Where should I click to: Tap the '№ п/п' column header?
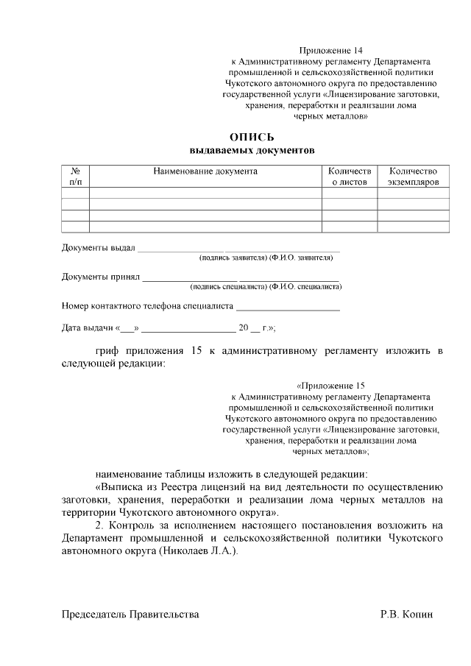pos(75,176)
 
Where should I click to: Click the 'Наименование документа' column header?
pos(205,171)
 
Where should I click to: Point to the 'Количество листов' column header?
pos(350,176)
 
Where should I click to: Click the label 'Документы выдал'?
pos(98,247)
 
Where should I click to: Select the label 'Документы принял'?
pos(100,277)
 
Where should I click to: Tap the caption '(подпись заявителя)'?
pos(233,258)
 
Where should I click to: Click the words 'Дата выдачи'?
pos(86,328)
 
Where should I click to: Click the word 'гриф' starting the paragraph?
pos(107,350)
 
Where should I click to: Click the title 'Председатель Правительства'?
pos(130,614)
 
